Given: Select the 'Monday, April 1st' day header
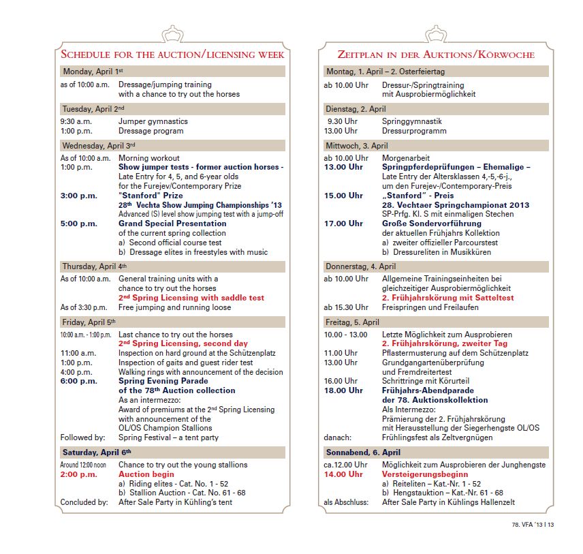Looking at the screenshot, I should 92,72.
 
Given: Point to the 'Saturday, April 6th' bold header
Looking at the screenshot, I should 97,452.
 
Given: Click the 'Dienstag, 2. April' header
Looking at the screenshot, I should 356,109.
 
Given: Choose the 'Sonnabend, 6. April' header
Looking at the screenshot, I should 363,452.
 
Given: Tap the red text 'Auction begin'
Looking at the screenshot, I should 146,474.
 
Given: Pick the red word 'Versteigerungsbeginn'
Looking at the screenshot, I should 424,474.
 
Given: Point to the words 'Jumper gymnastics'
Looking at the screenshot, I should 153,121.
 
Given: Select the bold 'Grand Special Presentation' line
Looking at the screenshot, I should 172,224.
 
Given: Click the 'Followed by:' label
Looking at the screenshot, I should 82,437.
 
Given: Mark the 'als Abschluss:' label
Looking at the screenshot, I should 346,503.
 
